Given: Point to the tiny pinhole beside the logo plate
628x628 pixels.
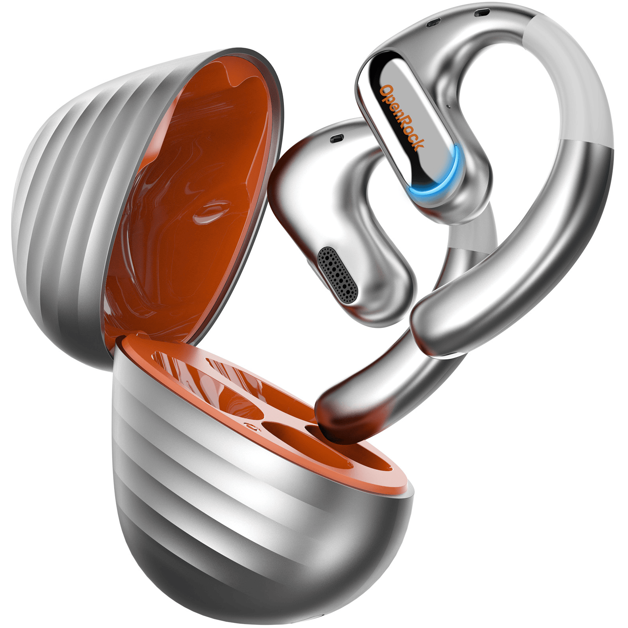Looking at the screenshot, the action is [448, 106].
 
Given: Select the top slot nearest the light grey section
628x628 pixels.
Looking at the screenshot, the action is [482, 12].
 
